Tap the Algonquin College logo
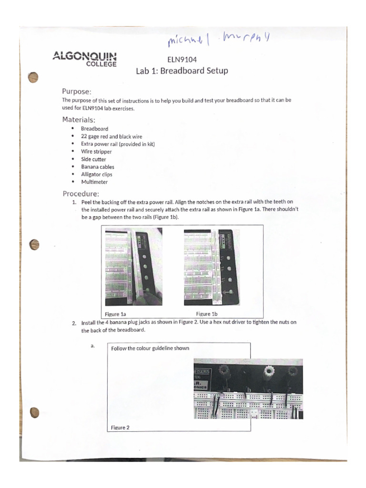tap(85, 59)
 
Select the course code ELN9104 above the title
tap(182, 60)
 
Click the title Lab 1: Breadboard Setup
tap(182, 71)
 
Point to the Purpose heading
tap(77, 91)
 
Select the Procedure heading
tap(81, 193)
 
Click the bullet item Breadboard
tap(94, 129)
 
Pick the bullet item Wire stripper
tap(96, 152)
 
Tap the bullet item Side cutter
tap(93, 159)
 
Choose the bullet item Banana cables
tap(97, 167)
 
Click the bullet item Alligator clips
tap(96, 174)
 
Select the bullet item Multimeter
tap(94, 182)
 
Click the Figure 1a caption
tap(116, 314)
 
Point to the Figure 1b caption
tap(207, 314)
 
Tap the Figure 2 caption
tap(120, 427)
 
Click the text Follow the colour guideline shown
tap(150, 348)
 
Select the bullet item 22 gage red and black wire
tap(112, 136)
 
